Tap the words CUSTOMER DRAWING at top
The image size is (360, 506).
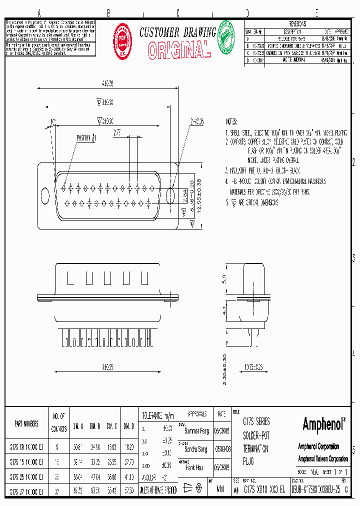[x=177, y=32]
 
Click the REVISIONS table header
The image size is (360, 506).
[x=298, y=23]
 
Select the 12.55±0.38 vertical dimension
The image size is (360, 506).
[x=198, y=196]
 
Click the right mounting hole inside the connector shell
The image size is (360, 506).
[x=170, y=195]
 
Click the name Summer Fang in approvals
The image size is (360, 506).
[x=196, y=430]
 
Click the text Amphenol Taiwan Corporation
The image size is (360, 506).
[x=322, y=458]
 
